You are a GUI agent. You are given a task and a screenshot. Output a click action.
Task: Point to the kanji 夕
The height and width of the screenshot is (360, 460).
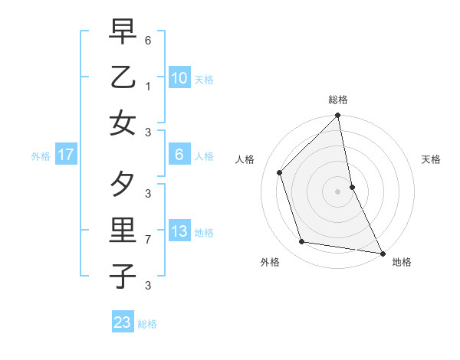click(123, 184)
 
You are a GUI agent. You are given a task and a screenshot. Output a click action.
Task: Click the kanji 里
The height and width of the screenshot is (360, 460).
click(123, 230)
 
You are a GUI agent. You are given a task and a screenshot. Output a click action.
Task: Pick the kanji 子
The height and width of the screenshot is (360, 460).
click(123, 276)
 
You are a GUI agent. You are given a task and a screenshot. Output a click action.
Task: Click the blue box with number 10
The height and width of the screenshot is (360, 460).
click(179, 77)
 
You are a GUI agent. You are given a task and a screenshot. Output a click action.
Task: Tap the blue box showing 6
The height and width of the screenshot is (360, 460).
click(179, 155)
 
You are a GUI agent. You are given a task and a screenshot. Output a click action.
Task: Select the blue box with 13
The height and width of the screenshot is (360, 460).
click(179, 232)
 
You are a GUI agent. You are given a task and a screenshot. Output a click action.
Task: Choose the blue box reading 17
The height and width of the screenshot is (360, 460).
click(65, 155)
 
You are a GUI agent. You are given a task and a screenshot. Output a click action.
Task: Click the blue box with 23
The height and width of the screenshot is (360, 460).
click(122, 322)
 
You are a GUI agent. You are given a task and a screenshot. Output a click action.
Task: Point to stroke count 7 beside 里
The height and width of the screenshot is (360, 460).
click(147, 240)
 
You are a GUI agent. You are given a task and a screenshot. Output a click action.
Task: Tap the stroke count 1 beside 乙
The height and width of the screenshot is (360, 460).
click(147, 87)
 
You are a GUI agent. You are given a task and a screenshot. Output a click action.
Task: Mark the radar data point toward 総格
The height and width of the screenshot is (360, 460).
click(337, 116)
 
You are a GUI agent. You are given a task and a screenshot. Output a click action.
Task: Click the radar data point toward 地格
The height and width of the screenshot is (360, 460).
click(381, 252)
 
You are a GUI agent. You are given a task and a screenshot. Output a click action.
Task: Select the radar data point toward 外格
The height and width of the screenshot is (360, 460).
click(302, 242)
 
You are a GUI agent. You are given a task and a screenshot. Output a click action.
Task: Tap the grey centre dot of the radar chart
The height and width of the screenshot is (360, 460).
click(337, 191)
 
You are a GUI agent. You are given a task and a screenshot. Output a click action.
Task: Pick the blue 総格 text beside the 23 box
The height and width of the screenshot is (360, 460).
click(147, 324)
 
